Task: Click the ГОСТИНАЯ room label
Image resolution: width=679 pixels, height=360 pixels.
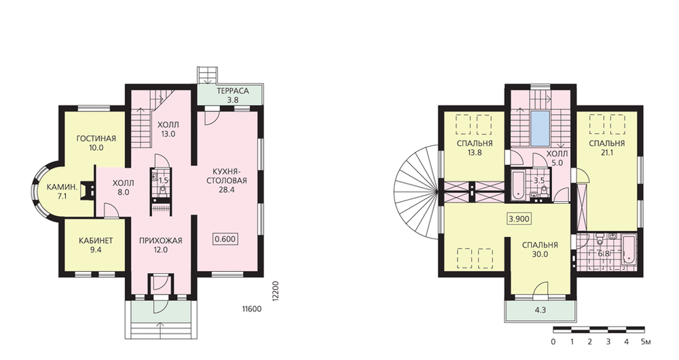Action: tap(96, 139)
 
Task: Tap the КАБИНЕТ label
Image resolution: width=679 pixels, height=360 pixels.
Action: tap(96, 240)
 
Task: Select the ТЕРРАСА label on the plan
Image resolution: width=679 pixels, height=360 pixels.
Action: tap(233, 91)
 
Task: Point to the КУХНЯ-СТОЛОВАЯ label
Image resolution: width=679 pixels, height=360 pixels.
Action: tap(227, 176)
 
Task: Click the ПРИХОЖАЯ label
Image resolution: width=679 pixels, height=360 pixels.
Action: tap(161, 240)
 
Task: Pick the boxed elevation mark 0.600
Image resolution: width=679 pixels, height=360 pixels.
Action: tap(225, 238)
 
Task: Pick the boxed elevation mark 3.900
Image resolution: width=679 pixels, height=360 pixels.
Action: tap(519, 219)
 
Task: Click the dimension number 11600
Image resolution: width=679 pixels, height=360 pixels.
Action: tap(252, 309)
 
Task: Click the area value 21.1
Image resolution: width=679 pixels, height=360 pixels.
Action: tap(606, 153)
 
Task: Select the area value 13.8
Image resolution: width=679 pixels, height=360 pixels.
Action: tap(475, 153)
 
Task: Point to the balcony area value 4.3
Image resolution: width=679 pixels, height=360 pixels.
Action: tap(540, 310)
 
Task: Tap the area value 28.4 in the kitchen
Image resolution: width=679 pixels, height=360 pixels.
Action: tap(227, 190)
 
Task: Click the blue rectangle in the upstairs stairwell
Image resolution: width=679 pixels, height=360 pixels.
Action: tap(540, 128)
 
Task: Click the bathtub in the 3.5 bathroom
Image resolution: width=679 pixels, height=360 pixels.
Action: tap(518, 186)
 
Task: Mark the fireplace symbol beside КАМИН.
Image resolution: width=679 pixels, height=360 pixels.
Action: tap(88, 190)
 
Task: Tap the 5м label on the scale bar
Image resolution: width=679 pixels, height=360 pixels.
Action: tap(645, 342)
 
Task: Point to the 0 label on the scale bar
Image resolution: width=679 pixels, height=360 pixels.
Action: tap(553, 342)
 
